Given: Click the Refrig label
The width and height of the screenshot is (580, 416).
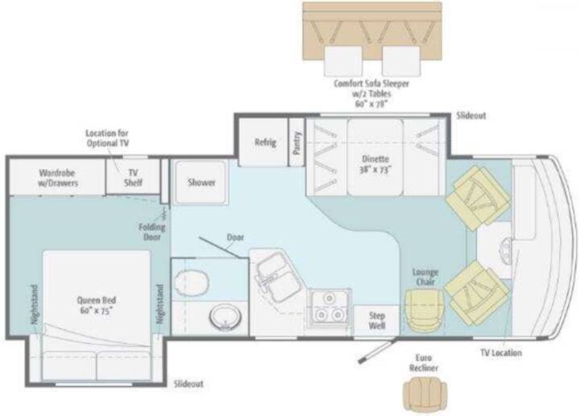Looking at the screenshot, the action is [x=265, y=142].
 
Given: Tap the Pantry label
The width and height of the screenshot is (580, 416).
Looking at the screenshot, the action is [x=296, y=142].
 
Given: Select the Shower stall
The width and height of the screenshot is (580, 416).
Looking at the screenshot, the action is [x=201, y=182].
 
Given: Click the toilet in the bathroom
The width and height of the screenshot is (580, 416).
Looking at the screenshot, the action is [x=191, y=282].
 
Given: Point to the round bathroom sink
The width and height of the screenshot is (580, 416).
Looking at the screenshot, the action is [x=226, y=317].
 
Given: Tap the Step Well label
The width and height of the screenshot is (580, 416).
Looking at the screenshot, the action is [x=376, y=321].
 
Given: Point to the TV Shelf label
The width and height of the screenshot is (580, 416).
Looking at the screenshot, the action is [x=133, y=178].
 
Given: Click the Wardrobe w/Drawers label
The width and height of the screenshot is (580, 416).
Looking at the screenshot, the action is [x=58, y=178].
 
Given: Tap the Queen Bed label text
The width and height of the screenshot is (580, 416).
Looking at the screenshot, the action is [x=96, y=305].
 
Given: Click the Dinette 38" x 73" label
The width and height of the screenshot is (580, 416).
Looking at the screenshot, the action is [x=375, y=164].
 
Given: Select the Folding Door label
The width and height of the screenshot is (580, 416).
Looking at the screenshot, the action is [x=151, y=232].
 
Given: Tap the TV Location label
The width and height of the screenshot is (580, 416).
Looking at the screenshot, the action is [x=501, y=352].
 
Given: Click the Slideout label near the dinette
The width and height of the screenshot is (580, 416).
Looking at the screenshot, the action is [x=471, y=116].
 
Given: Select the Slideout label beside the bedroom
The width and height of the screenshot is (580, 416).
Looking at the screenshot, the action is [x=188, y=384].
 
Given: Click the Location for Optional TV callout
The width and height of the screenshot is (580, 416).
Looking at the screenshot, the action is [x=107, y=138].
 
